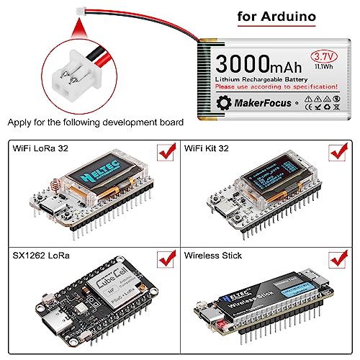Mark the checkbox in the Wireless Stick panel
click(335, 257)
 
